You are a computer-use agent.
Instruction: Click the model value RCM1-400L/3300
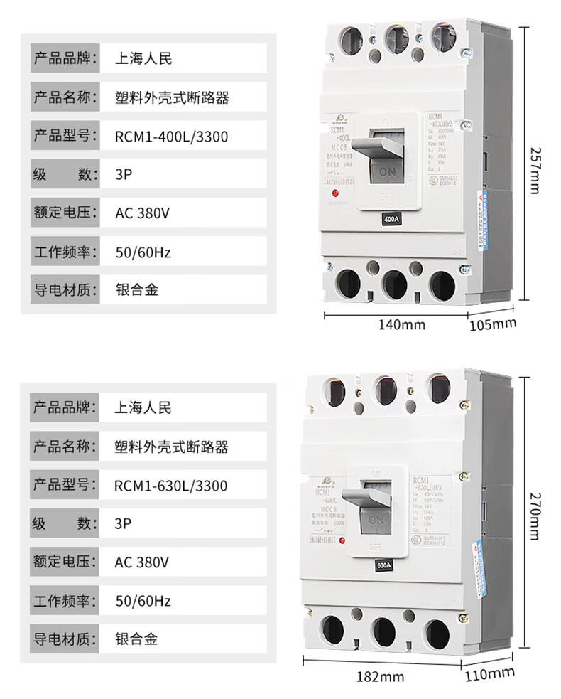click(171, 137)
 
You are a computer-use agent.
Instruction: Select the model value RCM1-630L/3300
click(170, 486)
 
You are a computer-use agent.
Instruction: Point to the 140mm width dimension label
click(401, 325)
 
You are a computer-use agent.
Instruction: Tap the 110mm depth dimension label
click(490, 673)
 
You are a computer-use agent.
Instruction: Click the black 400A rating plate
click(391, 220)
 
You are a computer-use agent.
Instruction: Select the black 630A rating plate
click(383, 567)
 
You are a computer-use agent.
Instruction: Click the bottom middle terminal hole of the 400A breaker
click(394, 284)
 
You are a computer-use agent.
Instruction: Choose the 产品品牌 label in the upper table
click(63, 58)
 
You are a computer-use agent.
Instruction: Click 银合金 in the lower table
click(136, 639)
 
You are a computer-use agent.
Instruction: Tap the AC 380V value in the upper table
click(143, 213)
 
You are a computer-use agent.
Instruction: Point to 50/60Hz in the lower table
click(143, 601)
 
